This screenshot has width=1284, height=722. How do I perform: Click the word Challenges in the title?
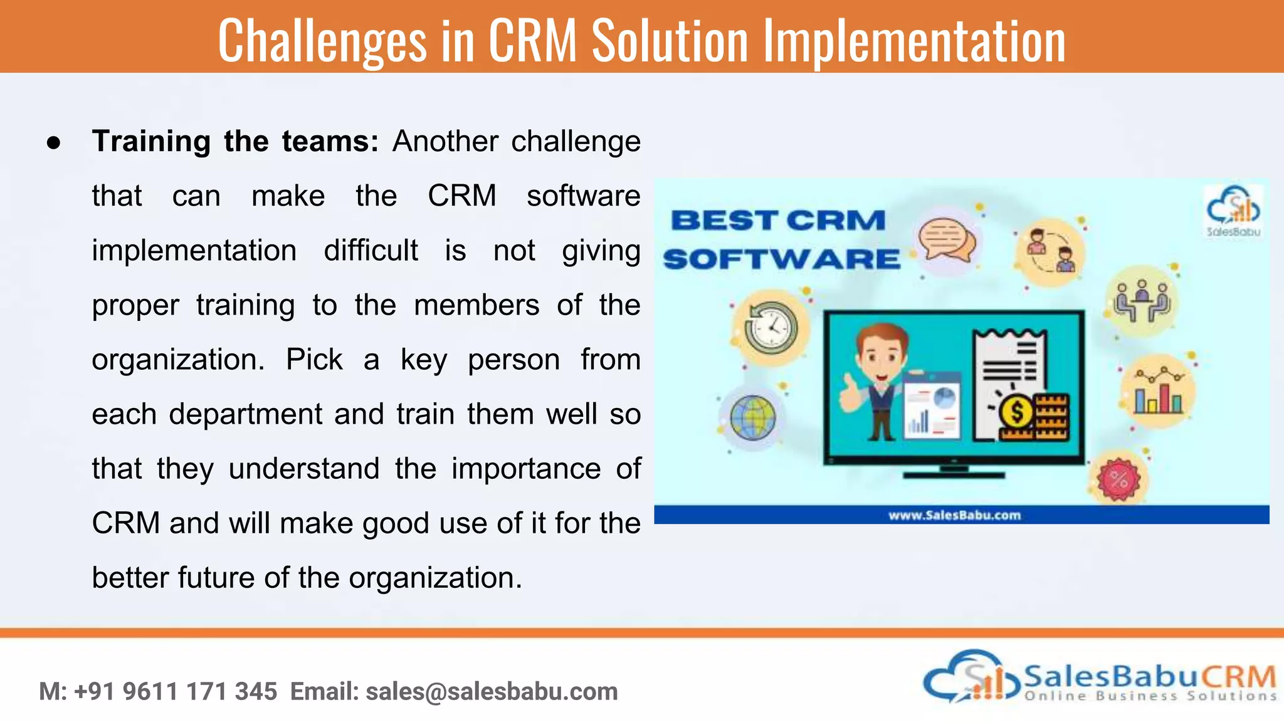point(322,41)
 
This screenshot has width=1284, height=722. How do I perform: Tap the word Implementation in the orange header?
point(913,41)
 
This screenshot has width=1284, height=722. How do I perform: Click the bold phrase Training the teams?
point(235,141)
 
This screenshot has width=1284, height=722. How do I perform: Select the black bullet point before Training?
point(54,143)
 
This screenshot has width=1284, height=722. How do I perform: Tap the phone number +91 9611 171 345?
point(176,692)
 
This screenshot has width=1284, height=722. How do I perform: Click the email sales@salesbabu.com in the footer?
point(492,692)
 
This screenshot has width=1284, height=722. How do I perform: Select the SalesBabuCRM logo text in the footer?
point(1149,678)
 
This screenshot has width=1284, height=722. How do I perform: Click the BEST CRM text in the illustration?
point(777,221)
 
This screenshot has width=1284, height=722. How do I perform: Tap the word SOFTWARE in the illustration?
point(781,259)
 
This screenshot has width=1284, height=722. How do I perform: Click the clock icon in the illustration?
point(771,328)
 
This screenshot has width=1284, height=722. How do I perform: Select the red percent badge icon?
point(1119,479)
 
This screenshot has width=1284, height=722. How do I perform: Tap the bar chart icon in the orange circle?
point(1158,392)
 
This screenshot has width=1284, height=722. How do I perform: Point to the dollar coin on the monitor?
point(1017,412)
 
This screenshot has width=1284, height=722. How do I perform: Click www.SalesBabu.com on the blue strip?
point(954,515)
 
